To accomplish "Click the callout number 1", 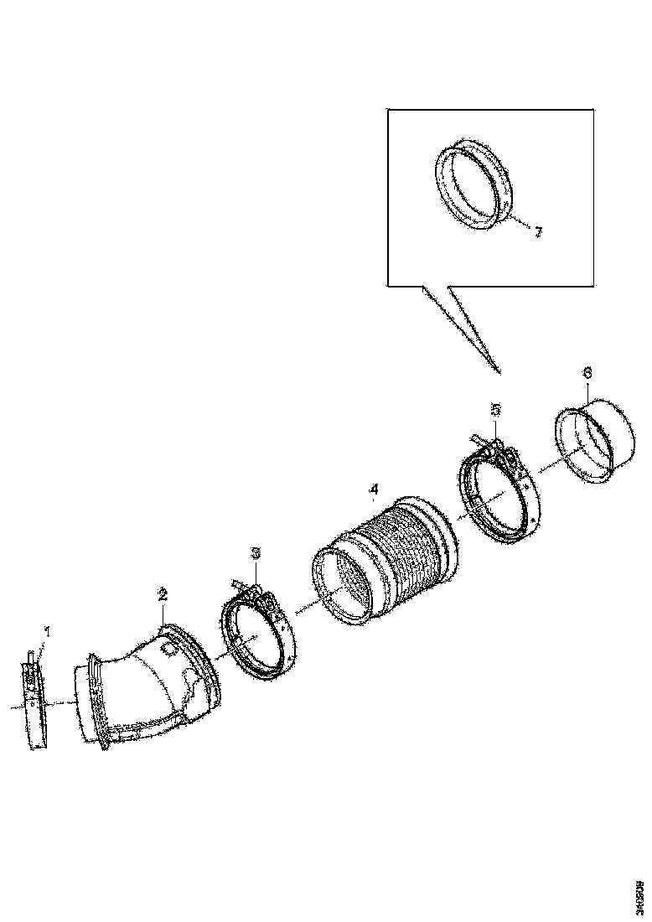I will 48,631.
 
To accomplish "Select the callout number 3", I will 256,552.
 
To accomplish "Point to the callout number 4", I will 374,488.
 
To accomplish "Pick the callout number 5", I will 495,409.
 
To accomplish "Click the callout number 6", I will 586,371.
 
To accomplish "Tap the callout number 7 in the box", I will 538,232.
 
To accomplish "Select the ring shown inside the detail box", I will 474,184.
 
